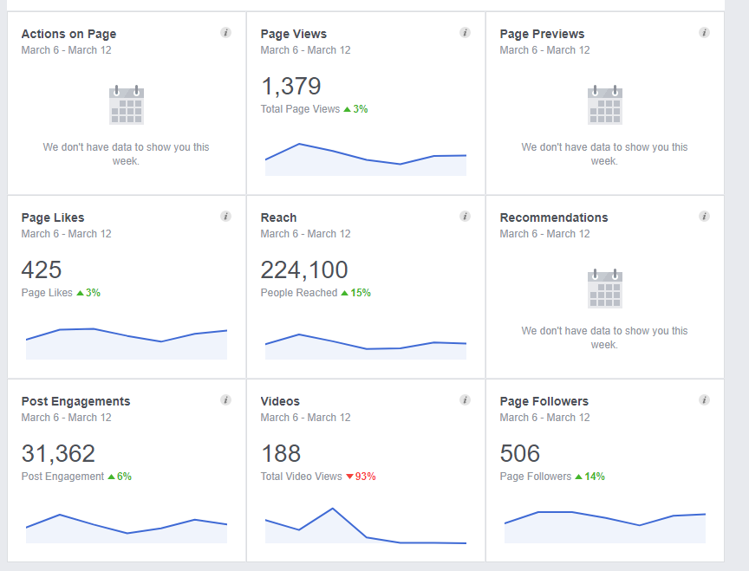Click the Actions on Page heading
click(68, 34)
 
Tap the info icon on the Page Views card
click(465, 33)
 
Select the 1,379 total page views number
click(290, 86)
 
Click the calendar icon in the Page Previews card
click(605, 105)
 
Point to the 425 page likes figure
click(42, 269)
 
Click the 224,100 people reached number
click(304, 269)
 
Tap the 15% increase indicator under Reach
click(356, 293)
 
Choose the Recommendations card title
click(553, 217)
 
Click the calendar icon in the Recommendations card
click(605, 289)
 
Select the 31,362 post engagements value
click(58, 453)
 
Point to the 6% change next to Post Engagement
click(120, 477)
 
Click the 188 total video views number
click(280, 453)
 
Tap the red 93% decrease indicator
click(361, 477)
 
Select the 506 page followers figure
click(520, 453)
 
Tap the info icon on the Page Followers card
click(704, 400)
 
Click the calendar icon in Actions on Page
click(127, 105)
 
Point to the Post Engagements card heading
click(75, 401)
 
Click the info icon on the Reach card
click(465, 217)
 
